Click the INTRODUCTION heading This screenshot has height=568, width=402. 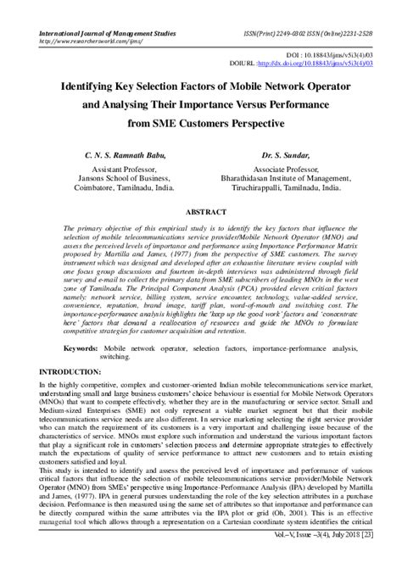click(56, 370)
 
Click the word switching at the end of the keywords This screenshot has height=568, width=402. click(114, 357)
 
